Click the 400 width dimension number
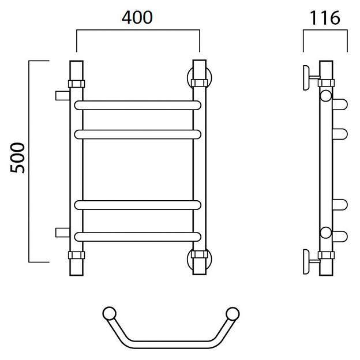pos(137,17)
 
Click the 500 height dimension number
pos(17,157)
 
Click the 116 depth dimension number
pos(325,18)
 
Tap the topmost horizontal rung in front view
pos(138,105)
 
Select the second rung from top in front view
pos(138,134)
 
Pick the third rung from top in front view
pos(138,205)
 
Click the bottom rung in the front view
pos(138,237)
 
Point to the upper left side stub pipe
pos(62,96)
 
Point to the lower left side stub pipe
pos(62,232)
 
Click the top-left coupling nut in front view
pos(77,84)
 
